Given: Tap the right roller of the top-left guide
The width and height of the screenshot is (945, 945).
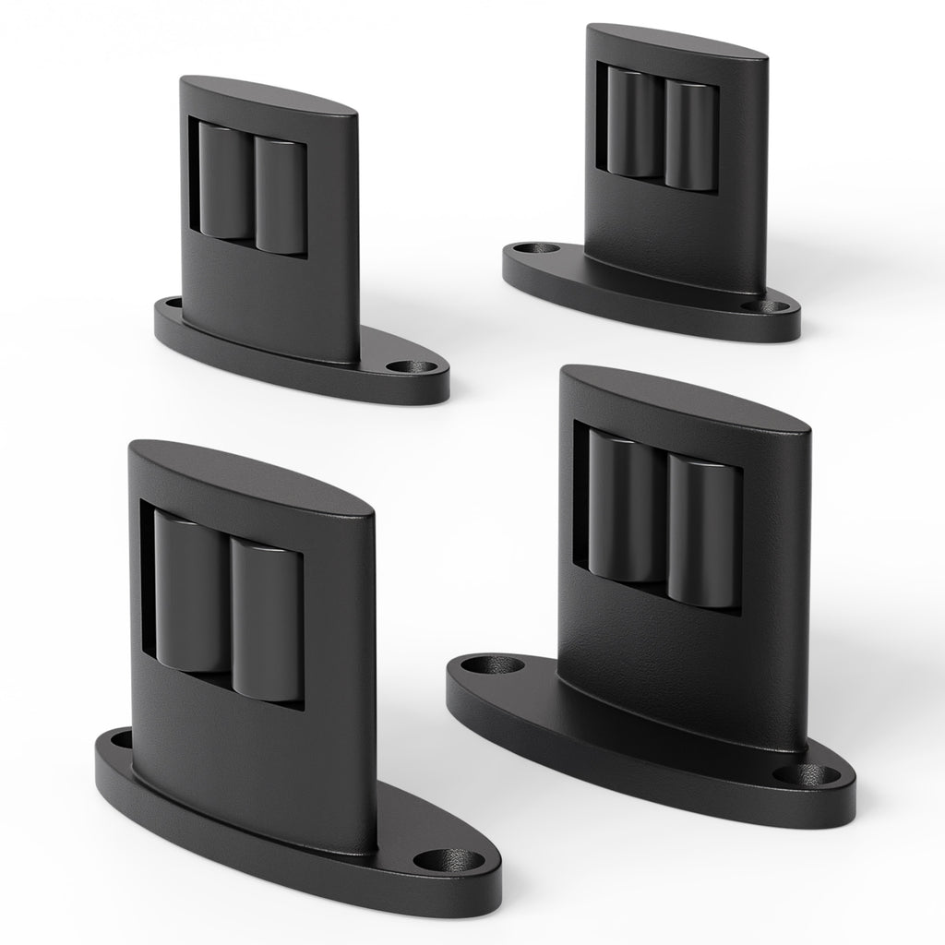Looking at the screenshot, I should pos(280,196).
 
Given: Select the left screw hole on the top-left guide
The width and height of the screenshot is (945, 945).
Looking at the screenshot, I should pos(172,302).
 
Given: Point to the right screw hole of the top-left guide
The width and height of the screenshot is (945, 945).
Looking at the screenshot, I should pos(402,366).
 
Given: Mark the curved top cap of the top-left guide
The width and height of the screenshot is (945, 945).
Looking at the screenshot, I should pos(268,96).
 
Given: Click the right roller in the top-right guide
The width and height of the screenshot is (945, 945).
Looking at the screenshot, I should pos(690,136).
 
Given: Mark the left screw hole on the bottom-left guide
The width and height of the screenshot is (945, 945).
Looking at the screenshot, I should pos(120,738).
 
